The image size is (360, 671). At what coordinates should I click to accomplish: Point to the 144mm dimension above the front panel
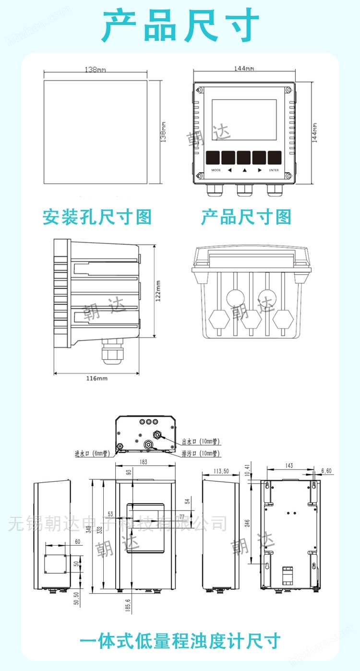point(244,68)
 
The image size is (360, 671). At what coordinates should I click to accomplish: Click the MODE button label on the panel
point(216,170)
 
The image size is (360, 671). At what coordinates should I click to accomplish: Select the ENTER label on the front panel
point(274,170)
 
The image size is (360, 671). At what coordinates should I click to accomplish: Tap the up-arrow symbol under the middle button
point(244,170)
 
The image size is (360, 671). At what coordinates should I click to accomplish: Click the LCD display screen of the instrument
point(244,120)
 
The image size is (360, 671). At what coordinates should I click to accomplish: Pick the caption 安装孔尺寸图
point(97,217)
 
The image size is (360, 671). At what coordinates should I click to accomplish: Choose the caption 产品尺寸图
point(246,217)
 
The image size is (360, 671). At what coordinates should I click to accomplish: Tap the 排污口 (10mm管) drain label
point(201,453)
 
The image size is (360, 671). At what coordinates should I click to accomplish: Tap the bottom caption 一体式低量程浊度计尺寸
point(180,641)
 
